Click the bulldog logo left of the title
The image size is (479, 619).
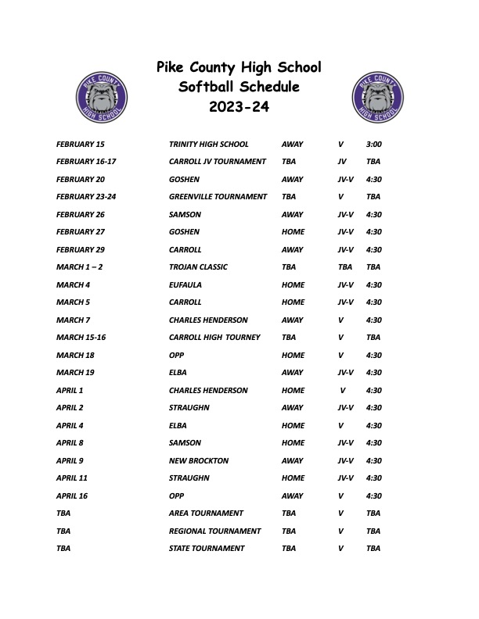pyautogui.click(x=101, y=96)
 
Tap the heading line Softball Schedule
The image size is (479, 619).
pyautogui.click(x=239, y=87)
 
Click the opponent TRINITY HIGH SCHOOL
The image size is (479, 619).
pyautogui.click(x=208, y=145)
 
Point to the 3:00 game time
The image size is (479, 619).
pyautogui.click(x=374, y=145)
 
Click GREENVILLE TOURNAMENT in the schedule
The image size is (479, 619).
pyautogui.click(x=218, y=197)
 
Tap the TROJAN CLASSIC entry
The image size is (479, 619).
pyautogui.click(x=198, y=267)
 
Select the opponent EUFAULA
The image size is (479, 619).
pyautogui.click(x=185, y=285)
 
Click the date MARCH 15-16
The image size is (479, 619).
pyautogui.click(x=81, y=338)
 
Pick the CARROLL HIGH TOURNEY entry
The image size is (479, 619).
pyautogui.click(x=214, y=338)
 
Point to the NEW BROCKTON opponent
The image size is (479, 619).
pyautogui.click(x=199, y=461)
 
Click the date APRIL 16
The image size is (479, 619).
pyautogui.click(x=72, y=496)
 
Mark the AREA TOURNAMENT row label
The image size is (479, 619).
pyautogui.click(x=206, y=513)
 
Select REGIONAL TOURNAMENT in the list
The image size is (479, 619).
pyautogui.click(x=214, y=531)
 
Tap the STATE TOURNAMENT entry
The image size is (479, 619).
pyautogui.click(x=207, y=549)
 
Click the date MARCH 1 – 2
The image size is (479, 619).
pyautogui.click(x=79, y=267)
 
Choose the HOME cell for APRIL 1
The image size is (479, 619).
pyautogui.click(x=293, y=391)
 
